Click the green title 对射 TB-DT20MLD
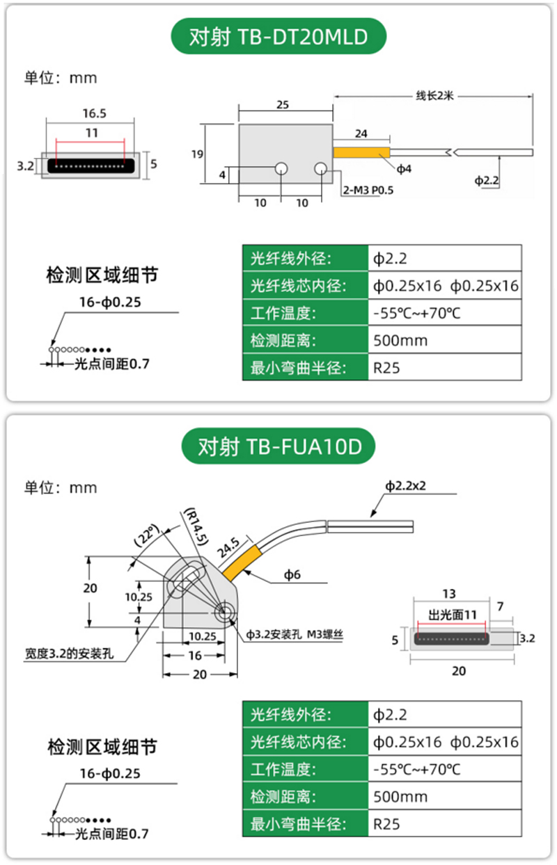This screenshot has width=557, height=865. [278, 35]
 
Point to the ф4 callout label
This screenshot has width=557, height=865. [405, 169]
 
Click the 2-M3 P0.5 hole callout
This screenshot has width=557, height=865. [368, 190]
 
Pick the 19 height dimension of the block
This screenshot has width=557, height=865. [195, 154]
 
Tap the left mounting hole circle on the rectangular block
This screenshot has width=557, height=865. [281, 169]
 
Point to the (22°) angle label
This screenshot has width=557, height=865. [147, 537]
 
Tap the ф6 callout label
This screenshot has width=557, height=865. [291, 574]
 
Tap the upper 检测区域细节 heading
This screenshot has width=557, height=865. [102, 275]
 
